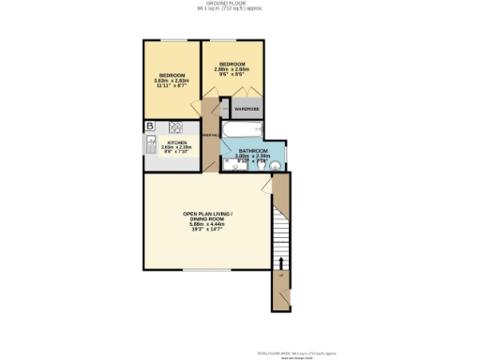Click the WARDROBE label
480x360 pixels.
247,109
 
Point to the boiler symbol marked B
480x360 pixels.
149,127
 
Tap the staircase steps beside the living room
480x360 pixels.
278,230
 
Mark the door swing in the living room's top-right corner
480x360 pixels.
270,186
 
